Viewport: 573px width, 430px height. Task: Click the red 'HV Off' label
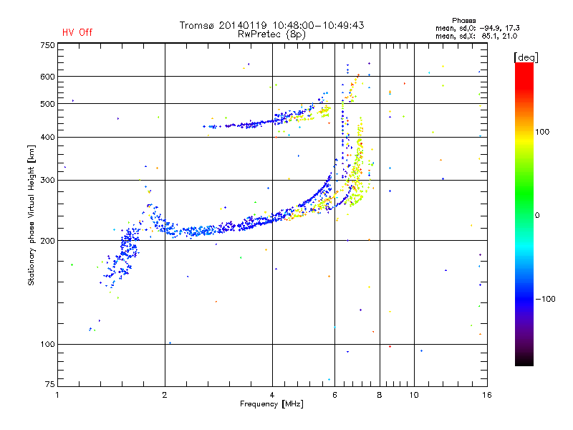point(77,32)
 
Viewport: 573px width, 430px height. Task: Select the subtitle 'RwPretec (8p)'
point(271,34)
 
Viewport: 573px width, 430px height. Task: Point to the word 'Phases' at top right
point(463,21)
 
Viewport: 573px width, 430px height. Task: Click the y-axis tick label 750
point(47,45)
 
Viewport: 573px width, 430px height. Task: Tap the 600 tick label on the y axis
point(47,77)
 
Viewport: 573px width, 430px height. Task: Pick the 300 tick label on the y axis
point(47,180)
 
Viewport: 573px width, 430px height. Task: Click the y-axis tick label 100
point(47,344)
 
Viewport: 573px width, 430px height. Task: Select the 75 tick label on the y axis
point(50,384)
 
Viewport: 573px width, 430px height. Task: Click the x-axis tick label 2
point(165,395)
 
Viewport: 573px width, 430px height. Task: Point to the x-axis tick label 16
point(487,395)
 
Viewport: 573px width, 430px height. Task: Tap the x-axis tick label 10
point(414,395)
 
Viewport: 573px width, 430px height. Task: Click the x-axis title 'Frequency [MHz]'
point(271,404)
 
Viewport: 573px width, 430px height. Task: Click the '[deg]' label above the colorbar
point(526,57)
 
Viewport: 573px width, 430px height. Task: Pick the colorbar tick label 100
point(542,132)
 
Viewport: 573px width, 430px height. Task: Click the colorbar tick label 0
point(537,215)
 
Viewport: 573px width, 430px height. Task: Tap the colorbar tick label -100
point(545,299)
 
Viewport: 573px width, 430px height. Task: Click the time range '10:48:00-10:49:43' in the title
point(318,25)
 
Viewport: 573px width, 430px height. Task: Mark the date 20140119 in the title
point(243,25)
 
